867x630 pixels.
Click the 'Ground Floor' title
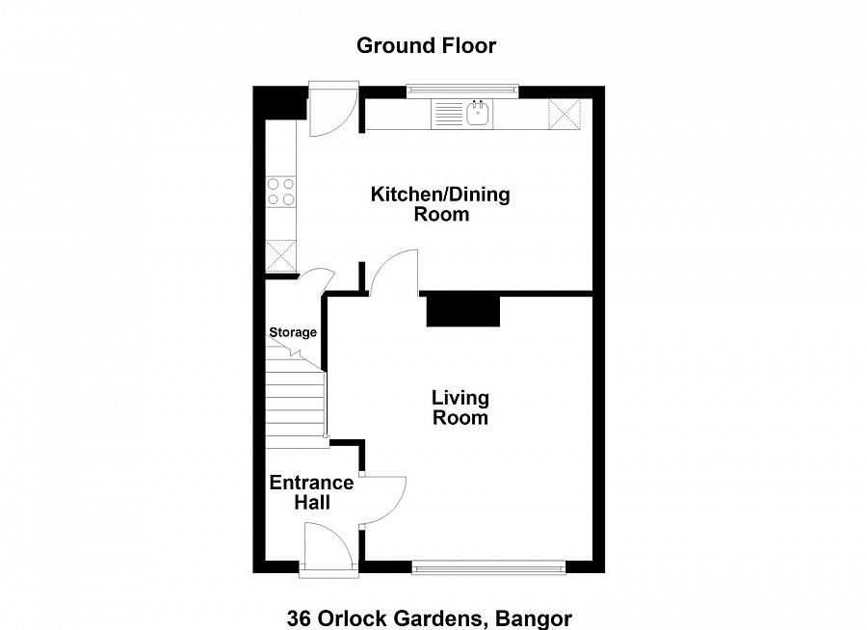tap(426, 45)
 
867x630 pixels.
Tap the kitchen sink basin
tap(478, 115)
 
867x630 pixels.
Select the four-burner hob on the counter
tap(282, 192)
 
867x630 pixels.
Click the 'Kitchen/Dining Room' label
tap(440, 204)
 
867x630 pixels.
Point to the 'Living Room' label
tap(460, 407)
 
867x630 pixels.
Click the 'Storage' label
tap(292, 332)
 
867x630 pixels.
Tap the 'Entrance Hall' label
tap(311, 492)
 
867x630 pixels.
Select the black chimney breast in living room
tap(463, 312)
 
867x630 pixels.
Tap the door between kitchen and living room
tap(393, 273)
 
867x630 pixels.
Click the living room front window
tap(488, 568)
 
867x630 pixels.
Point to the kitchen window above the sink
tap(462, 92)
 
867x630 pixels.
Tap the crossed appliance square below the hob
tap(282, 256)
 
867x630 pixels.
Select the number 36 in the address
tap(298, 618)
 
